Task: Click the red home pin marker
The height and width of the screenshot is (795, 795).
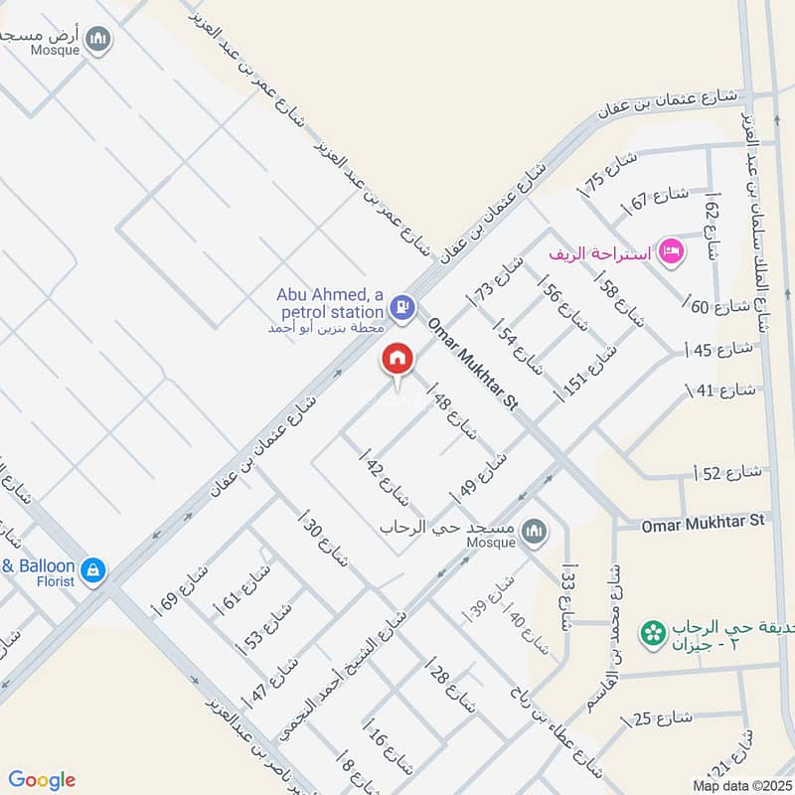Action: [x=397, y=360]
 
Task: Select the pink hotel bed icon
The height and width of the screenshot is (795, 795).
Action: [x=672, y=252]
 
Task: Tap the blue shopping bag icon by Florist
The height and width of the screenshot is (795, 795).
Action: [x=92, y=570]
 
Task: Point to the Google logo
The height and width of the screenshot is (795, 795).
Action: [x=42, y=780]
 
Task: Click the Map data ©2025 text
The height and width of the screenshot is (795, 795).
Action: [x=740, y=786]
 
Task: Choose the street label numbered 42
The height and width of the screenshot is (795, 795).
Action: [x=383, y=480]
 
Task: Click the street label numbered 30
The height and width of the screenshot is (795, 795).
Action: [x=324, y=542]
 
